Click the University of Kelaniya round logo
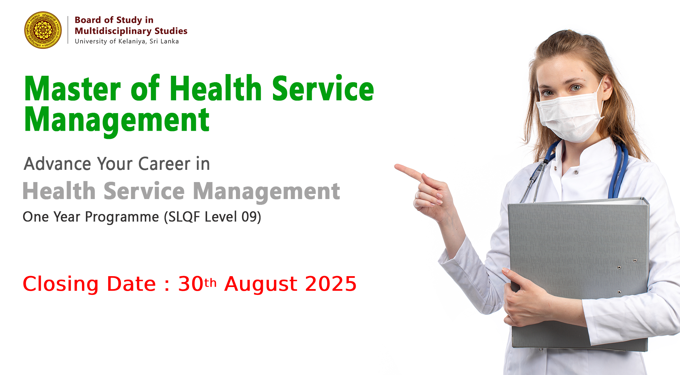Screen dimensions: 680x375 [43, 30]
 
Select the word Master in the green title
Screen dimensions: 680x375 [72, 89]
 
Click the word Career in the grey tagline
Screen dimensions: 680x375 [164, 164]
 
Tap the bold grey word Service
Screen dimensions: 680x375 [144, 191]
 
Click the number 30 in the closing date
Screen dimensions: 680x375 [191, 284]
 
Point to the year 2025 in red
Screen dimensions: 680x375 [331, 284]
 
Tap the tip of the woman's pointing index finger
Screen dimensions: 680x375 [395, 166]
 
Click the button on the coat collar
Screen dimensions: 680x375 [576, 172]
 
